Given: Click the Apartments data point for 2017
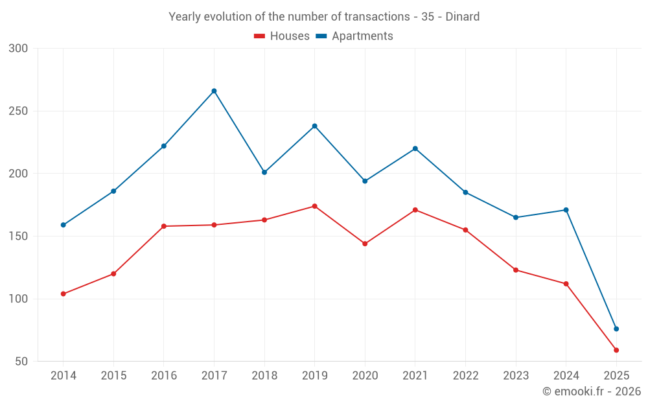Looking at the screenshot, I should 214,91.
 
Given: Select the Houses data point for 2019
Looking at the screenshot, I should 315,206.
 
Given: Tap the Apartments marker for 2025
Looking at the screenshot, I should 616,329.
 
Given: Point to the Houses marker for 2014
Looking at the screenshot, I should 64,294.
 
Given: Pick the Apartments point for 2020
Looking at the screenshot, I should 365,181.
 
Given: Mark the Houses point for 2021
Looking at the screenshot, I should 415,210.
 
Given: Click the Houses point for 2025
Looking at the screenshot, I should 616,350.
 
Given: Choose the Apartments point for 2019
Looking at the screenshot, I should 315,126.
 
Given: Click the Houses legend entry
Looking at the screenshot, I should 282,36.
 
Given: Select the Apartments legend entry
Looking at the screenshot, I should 354,36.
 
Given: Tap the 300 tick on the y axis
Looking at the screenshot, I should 19,49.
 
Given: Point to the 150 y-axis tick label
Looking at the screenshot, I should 19,237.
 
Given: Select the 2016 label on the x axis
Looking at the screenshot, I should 164,376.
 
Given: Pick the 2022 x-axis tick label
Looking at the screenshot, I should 465,376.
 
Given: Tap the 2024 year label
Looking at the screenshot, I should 566,376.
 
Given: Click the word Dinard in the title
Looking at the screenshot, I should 463,17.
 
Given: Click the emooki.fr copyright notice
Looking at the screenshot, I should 592,391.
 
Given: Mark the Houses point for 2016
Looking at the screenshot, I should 164,226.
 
